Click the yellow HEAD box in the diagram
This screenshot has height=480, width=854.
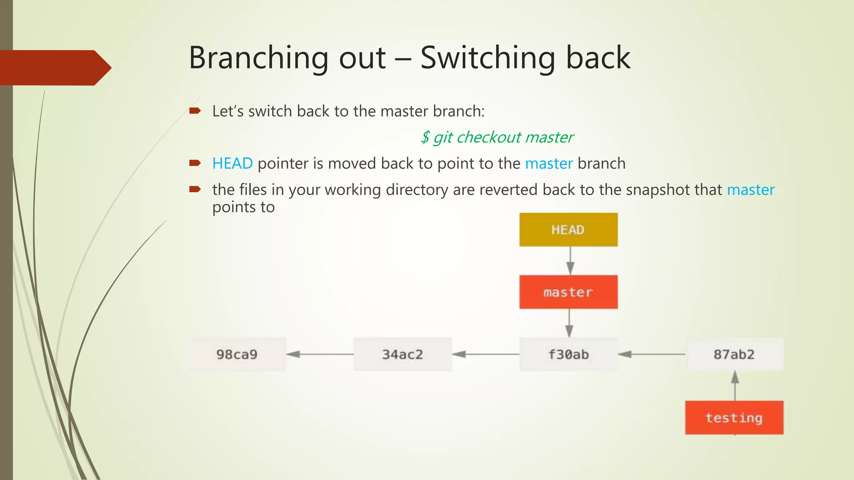tap(568, 230)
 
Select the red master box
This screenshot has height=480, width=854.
tap(568, 292)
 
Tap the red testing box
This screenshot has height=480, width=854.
tap(734, 417)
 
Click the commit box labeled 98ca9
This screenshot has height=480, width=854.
tap(237, 354)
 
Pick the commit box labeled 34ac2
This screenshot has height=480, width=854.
tap(402, 354)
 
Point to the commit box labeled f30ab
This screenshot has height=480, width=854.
tap(568, 354)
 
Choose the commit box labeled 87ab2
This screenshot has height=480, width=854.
tap(734, 354)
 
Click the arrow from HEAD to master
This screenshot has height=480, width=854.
tap(570, 261)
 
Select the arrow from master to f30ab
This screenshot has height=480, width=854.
tap(569, 323)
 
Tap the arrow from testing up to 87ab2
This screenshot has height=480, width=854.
tap(735, 386)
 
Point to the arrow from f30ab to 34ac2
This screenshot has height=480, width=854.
tap(486, 354)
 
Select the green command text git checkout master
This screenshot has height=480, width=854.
tap(497, 137)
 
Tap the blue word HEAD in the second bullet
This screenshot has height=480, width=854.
tap(232, 163)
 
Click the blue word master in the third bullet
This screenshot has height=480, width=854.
tap(751, 190)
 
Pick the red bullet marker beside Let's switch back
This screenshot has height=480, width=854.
tap(195, 111)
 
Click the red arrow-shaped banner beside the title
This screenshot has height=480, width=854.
tap(54, 67)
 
